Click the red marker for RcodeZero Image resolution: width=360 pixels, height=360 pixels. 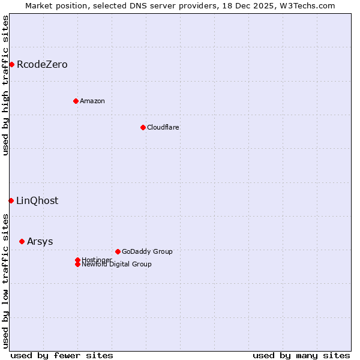click(x=11, y=64)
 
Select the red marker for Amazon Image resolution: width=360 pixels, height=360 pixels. click(x=76, y=101)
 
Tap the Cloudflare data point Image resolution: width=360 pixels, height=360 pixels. click(x=143, y=127)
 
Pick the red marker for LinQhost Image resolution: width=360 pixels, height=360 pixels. click(x=11, y=200)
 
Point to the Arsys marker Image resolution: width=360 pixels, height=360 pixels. click(x=22, y=241)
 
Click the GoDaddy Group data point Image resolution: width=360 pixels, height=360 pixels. click(x=118, y=251)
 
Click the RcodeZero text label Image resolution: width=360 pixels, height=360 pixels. click(x=42, y=64)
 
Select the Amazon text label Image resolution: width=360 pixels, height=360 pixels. click(x=92, y=101)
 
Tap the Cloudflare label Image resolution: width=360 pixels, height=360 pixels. click(x=163, y=127)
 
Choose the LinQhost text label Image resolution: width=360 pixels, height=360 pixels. click(x=37, y=200)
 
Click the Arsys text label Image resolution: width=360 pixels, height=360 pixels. click(x=40, y=241)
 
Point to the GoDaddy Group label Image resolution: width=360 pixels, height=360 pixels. click(x=147, y=251)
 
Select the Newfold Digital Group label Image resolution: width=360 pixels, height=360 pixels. click(x=116, y=264)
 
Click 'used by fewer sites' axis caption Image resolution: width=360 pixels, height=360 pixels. click(x=62, y=355)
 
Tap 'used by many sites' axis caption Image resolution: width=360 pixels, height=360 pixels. click(x=301, y=355)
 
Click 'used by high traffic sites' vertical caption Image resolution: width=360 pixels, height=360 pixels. click(x=6, y=85)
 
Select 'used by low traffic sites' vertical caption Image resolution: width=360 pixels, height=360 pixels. click(x=6, y=280)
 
